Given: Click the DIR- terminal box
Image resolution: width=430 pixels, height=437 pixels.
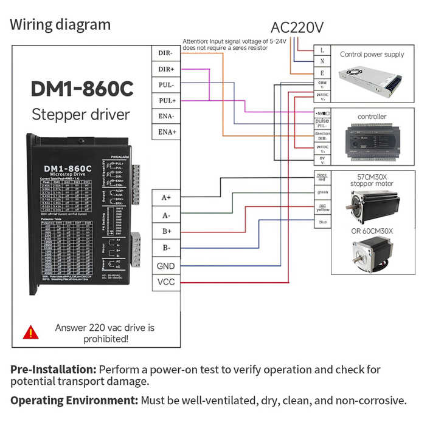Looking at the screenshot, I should tap(165, 53).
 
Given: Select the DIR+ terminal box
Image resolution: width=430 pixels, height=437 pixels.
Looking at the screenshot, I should tap(165, 69).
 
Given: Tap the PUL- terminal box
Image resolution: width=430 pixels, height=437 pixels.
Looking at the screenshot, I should tap(165, 85).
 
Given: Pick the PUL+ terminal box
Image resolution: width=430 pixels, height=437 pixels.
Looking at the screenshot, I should tap(165, 100).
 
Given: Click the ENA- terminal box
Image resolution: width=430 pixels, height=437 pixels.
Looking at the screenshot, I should tap(165, 116).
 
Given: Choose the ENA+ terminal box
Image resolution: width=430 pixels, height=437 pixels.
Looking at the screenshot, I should tap(165, 132).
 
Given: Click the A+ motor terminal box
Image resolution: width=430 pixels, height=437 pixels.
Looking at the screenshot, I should tap(165, 198).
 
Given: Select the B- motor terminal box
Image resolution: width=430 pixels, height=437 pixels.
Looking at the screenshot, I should tap(165, 248).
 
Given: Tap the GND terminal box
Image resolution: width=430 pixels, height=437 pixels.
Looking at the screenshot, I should tap(165, 266).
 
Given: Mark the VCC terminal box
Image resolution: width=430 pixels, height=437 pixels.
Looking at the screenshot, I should tap(165, 282).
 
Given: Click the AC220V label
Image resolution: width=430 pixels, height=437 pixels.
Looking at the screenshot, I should tap(297, 27).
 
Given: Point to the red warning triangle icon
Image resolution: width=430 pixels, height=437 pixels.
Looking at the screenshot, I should tap(30, 332).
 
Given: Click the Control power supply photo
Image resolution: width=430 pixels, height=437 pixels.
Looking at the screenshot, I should tap(372, 77).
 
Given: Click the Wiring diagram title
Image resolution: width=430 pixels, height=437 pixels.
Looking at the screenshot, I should tap(60, 25).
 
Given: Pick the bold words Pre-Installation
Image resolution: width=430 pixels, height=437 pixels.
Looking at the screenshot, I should tap(53, 370).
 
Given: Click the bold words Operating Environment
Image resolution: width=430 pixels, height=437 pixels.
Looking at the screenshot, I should tap(74, 401).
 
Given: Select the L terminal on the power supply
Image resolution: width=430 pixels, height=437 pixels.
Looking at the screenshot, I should tap(322, 50).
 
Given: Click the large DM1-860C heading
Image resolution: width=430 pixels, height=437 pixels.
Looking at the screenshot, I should tap(81, 89).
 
